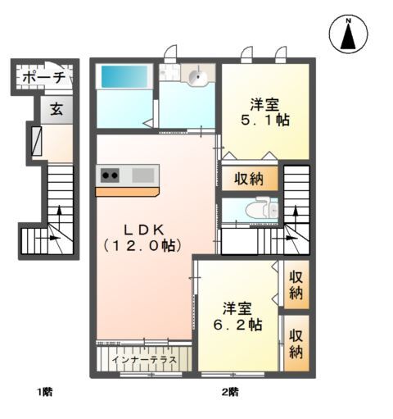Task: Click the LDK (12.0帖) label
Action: point(142,236)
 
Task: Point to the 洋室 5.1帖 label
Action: point(265,112)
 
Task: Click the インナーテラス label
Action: point(143,358)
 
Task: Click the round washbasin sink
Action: point(196,78)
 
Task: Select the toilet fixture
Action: point(261,208)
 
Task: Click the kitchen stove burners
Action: point(109,175)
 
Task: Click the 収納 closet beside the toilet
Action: point(249,178)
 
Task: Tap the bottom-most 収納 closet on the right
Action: point(296,343)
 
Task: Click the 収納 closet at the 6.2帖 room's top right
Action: point(296,284)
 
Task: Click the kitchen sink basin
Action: point(142,175)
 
